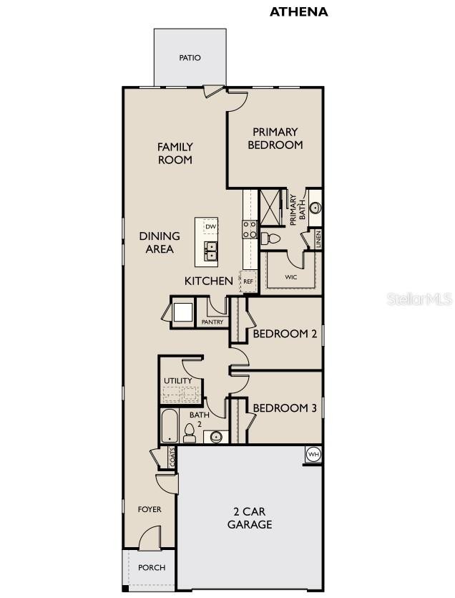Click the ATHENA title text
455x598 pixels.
(298, 11)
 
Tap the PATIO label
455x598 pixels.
(190, 58)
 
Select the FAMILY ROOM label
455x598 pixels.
(175, 153)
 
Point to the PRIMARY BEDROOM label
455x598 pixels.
(275, 138)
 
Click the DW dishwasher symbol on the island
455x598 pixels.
(210, 227)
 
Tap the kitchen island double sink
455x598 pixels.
(211, 251)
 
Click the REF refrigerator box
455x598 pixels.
(248, 281)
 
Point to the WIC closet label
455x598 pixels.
(290, 276)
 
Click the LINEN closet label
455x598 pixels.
(317, 238)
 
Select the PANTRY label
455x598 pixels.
(212, 322)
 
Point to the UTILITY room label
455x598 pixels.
(177, 380)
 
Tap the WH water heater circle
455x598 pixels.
(313, 454)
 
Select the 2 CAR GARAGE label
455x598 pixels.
(250, 518)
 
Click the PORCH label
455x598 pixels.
(151, 567)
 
